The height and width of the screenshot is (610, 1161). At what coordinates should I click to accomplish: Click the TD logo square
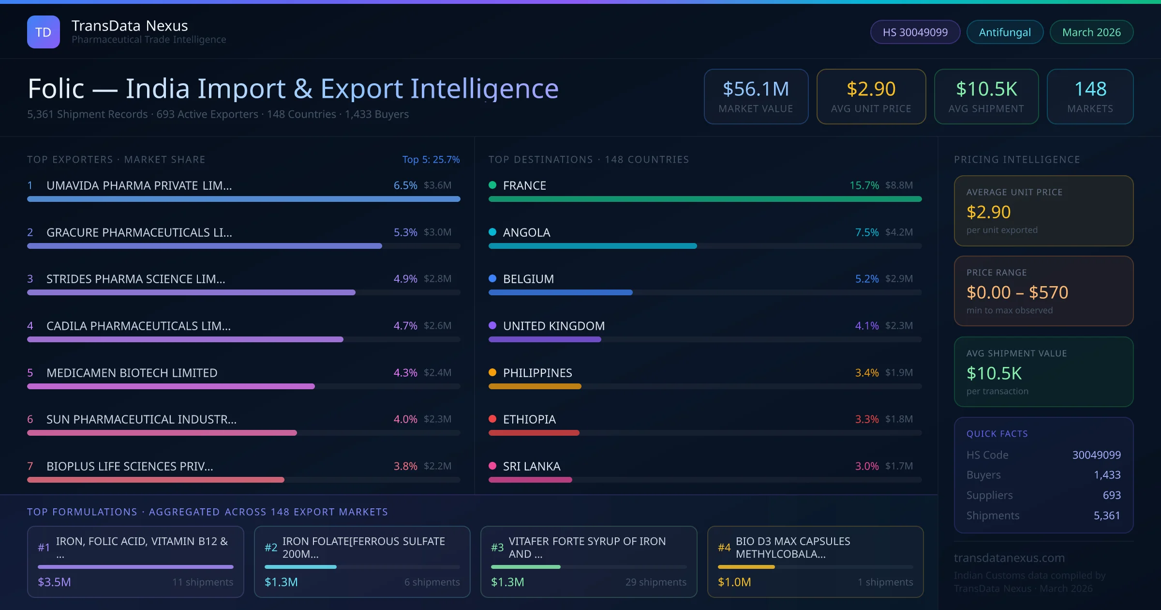[44, 32]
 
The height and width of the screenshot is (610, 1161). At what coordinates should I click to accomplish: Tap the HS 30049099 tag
[915, 32]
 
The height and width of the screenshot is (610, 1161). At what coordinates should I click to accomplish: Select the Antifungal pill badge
[1004, 32]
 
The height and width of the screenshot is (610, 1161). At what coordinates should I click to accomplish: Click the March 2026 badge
[1091, 32]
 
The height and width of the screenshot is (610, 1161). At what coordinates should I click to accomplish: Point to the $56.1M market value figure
[756, 89]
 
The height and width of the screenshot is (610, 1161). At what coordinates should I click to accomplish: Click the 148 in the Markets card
[1090, 89]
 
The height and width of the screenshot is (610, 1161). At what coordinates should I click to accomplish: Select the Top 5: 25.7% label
[431, 159]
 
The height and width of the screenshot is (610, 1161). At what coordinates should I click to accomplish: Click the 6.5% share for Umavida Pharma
[405, 185]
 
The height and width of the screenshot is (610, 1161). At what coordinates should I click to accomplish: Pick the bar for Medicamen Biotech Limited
[171, 386]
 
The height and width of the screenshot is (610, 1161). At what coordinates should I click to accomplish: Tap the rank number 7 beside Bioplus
[30, 466]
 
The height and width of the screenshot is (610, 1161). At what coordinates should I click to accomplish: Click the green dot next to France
[492, 185]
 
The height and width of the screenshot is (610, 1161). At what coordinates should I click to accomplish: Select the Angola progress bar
[593, 246]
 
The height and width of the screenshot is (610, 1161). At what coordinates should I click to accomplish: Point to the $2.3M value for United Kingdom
[898, 326]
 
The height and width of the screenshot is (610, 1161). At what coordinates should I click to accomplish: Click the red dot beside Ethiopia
[492, 419]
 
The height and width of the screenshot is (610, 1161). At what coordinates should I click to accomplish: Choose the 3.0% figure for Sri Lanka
[866, 466]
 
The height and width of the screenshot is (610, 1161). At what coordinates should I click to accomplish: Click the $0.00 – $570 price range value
[1017, 292]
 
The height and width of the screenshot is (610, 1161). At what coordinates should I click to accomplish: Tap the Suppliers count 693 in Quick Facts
[1111, 495]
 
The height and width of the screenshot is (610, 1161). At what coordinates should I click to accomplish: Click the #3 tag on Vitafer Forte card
[497, 548]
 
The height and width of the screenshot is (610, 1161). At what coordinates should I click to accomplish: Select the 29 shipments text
[655, 582]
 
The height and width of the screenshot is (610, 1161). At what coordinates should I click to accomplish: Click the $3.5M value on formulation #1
[54, 582]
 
